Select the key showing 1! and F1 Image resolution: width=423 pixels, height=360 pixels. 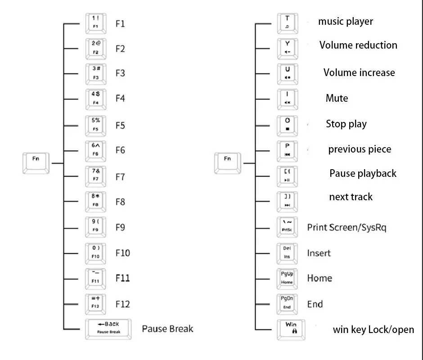coord(96,23)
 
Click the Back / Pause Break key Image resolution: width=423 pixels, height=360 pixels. coord(108,328)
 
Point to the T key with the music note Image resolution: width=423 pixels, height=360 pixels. coord(288,23)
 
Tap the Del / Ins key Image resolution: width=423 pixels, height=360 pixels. coord(287,252)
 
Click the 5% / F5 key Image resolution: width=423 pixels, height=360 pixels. coord(96,125)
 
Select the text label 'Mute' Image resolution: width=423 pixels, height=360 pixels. coord(337,98)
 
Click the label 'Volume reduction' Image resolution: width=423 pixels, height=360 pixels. coord(358,45)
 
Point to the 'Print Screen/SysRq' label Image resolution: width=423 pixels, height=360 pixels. coord(346,227)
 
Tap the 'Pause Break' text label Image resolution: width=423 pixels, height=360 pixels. coord(167,328)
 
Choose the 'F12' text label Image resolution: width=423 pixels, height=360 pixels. coord(122,304)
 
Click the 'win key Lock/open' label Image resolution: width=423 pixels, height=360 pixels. coord(373,329)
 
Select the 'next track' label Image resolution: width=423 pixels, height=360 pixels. coord(351,197)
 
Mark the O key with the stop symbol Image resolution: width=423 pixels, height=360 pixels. coord(288,125)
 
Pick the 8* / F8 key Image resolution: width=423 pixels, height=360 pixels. coord(96,201)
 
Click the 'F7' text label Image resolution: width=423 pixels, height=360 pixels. coord(120,177)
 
